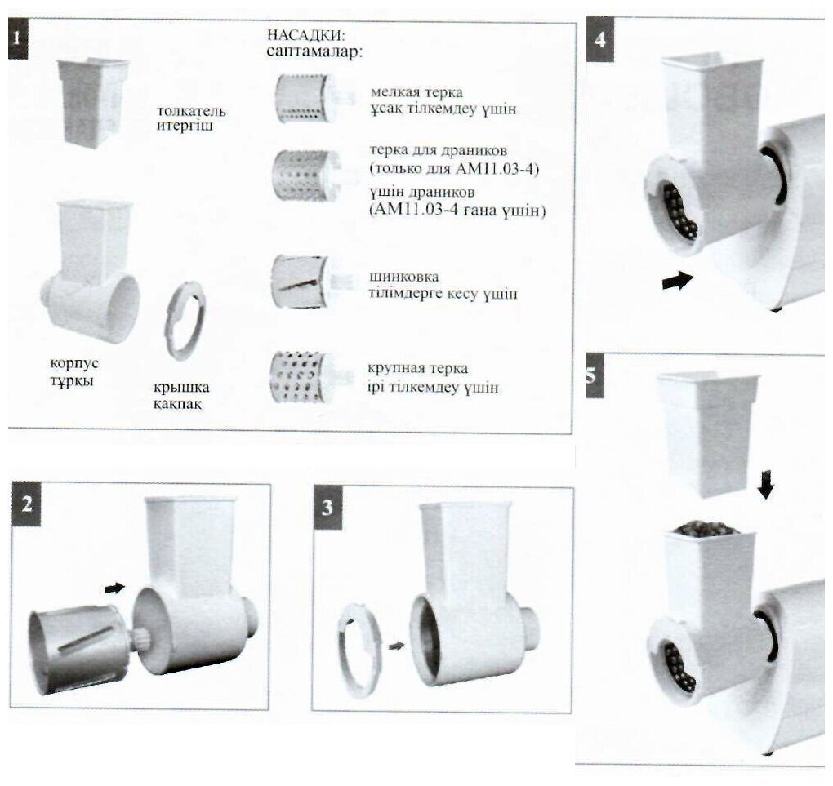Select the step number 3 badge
pyautogui.click(x=327, y=508)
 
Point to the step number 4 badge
pyautogui.click(x=600, y=39)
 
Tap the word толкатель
pyautogui.click(x=193, y=111)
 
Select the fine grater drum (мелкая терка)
pyautogui.click(x=303, y=99)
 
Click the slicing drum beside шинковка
pyautogui.click(x=300, y=281)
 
